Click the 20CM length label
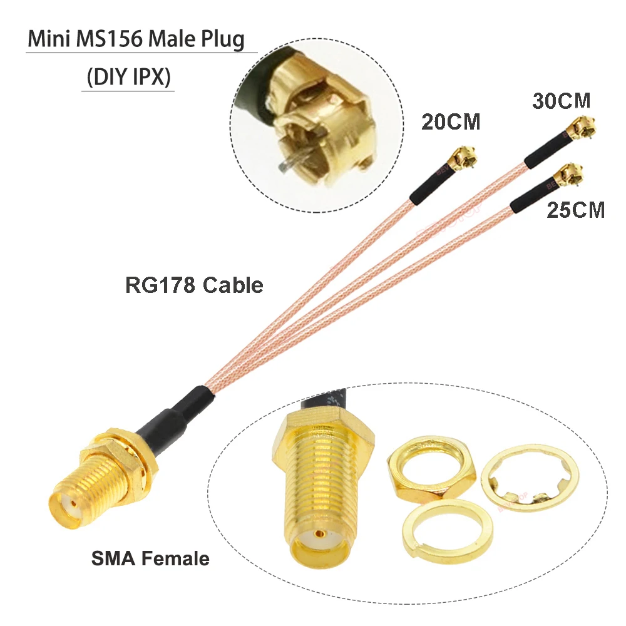450,121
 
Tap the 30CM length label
562,101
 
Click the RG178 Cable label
194,285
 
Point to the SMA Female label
150,558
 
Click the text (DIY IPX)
128,80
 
